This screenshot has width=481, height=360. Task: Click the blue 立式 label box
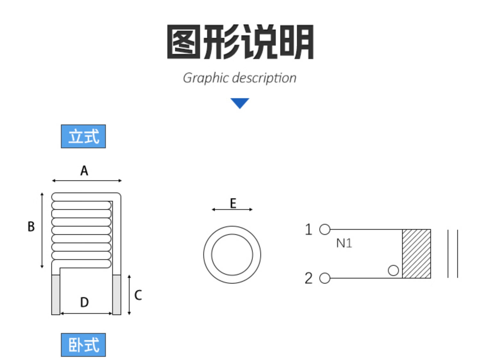point(83,136)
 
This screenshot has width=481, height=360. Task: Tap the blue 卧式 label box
point(83,345)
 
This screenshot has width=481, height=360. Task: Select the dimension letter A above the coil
point(84,171)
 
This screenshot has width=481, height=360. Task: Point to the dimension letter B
point(31,227)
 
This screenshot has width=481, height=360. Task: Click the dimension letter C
point(138,295)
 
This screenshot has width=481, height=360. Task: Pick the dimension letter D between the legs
point(85,302)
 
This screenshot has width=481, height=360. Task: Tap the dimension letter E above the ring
point(233,203)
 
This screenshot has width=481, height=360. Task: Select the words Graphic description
point(240,78)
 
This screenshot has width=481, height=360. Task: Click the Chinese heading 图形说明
point(240,42)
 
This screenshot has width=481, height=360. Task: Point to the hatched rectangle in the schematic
point(417,254)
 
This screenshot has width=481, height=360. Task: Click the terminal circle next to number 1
point(325,229)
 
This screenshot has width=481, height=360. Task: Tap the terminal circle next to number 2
point(325,278)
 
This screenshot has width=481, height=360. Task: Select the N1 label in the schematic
point(344,243)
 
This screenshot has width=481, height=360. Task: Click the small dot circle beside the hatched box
point(393,270)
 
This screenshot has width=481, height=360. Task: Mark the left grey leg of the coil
point(56,295)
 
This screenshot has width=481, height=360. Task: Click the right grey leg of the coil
point(117,295)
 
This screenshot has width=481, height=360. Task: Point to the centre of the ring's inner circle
point(232,254)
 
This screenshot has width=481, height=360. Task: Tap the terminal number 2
point(308,278)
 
